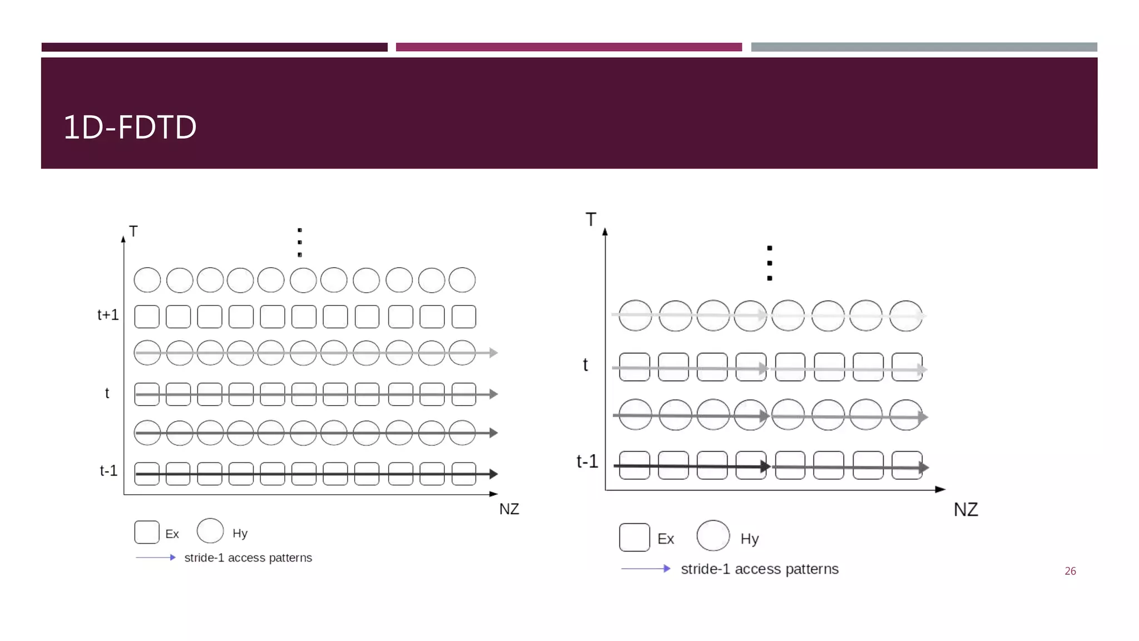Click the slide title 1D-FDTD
(x=130, y=127)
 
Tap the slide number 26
(x=1070, y=571)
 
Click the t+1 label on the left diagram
(x=108, y=315)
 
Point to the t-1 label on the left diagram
(x=108, y=471)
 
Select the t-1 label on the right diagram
(x=587, y=461)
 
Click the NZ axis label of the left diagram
(x=509, y=509)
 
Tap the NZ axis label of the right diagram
(x=965, y=510)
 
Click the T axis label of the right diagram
(x=591, y=220)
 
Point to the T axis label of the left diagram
(x=133, y=231)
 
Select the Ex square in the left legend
(x=147, y=532)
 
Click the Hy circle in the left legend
(x=210, y=531)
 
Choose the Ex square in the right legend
(x=634, y=538)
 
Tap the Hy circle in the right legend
(x=713, y=536)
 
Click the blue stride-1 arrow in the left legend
(x=156, y=558)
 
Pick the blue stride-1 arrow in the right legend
(x=646, y=569)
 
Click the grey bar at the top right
(x=924, y=47)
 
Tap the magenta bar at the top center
(x=568, y=47)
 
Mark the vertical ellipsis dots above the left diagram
(x=300, y=242)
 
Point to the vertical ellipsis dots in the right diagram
(x=770, y=263)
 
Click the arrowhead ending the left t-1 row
(x=493, y=474)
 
